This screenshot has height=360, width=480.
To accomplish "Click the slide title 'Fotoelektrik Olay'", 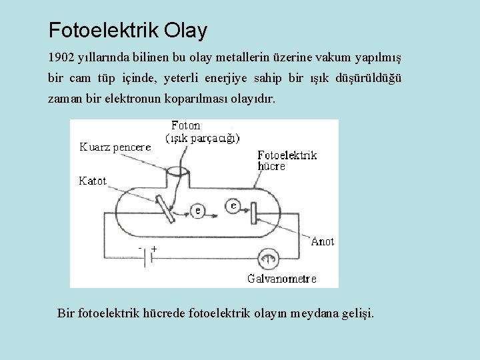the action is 128,30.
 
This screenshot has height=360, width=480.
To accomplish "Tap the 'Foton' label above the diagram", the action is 185,125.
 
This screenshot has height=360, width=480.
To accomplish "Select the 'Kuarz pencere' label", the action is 115,147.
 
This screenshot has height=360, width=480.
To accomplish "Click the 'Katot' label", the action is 93,181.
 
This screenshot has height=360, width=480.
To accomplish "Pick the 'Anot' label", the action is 323,241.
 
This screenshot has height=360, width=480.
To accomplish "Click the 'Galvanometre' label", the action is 282,279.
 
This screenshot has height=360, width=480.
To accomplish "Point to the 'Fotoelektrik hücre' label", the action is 287,161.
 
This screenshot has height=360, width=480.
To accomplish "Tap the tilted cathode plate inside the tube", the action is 165,208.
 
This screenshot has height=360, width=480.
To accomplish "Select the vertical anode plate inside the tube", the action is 253,213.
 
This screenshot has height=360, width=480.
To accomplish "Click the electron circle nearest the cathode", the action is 197,211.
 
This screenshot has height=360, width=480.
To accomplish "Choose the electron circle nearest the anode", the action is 232,206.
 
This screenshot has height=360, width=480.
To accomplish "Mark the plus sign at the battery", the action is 154,248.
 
